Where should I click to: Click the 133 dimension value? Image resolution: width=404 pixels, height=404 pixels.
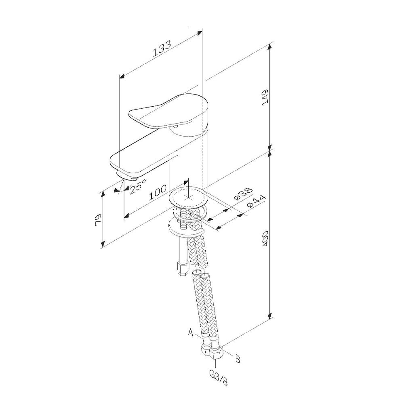click(162, 49)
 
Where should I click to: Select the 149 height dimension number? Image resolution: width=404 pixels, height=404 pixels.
click(265, 97)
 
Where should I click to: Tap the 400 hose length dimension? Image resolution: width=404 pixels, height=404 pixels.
click(265, 238)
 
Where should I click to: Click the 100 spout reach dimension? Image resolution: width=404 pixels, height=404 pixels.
click(158, 192)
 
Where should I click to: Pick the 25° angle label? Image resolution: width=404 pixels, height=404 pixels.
click(138, 186)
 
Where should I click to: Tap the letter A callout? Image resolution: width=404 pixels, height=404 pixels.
click(191, 332)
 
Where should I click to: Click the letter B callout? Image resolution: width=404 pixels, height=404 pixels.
click(238, 359)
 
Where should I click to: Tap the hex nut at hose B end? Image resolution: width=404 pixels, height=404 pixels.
click(217, 353)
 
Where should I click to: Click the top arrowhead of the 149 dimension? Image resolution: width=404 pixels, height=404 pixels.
click(270, 46)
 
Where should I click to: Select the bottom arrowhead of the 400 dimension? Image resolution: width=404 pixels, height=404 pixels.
click(270, 315)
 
